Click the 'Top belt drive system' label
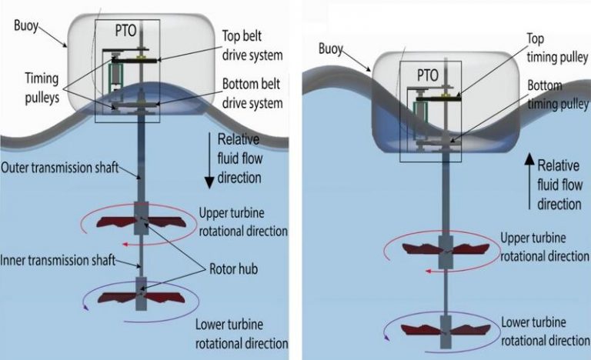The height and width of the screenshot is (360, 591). (x=246, y=47)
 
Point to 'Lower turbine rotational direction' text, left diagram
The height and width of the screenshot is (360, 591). (x=242, y=333)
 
